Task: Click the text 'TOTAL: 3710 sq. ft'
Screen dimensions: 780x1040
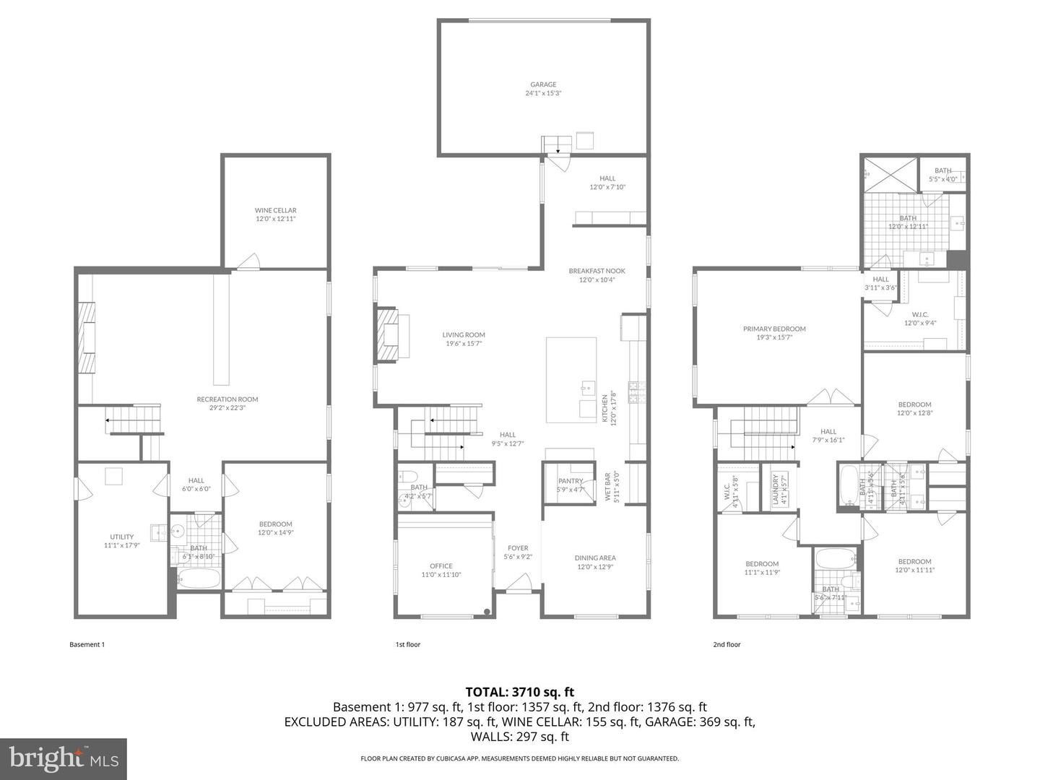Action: [519, 692]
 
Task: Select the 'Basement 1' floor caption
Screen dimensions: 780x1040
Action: [87, 644]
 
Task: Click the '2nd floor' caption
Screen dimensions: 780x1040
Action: [727, 644]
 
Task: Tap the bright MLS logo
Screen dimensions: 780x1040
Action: [63, 758]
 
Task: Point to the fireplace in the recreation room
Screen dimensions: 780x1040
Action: [87, 337]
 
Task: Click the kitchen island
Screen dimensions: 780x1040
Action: [571, 379]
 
